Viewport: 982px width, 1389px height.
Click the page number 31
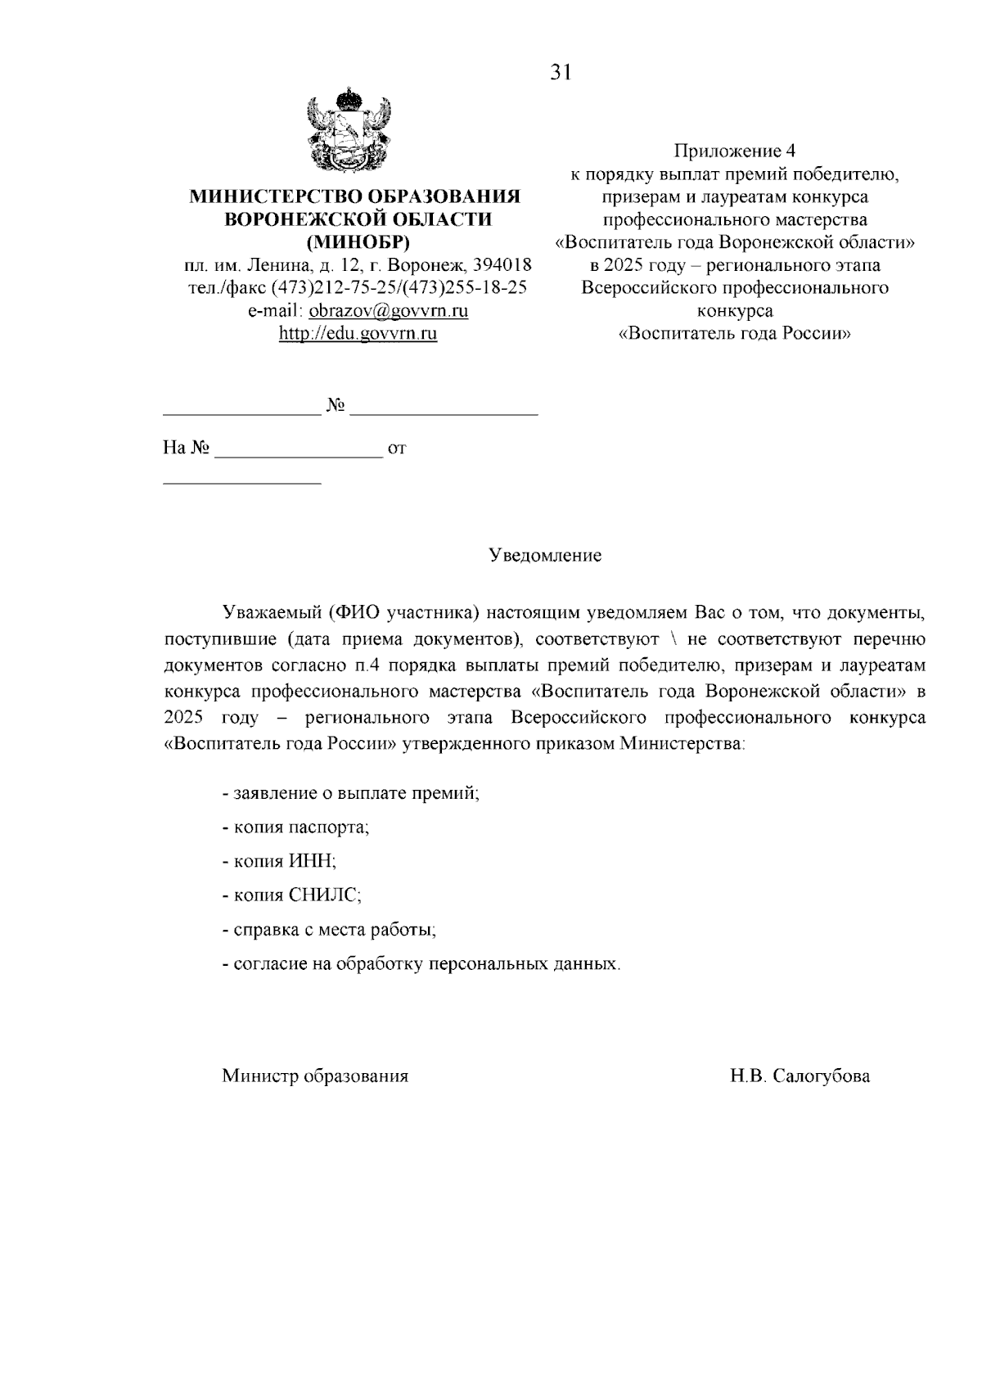(x=560, y=73)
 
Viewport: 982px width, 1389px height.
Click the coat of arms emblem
(x=349, y=131)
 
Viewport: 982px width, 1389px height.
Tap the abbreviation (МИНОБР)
(x=357, y=242)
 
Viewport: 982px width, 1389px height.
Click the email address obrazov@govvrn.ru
(x=389, y=311)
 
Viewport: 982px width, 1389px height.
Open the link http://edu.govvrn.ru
(x=358, y=334)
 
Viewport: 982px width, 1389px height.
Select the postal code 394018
(x=503, y=265)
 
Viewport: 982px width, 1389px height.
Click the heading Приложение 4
(x=734, y=151)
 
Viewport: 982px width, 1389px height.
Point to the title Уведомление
(x=545, y=556)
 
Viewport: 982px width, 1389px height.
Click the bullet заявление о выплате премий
(x=351, y=793)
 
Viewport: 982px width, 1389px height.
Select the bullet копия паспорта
(x=296, y=827)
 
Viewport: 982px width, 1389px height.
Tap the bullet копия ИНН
(x=280, y=861)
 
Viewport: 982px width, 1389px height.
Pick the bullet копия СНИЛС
(x=292, y=895)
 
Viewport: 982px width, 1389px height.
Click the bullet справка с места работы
(x=330, y=930)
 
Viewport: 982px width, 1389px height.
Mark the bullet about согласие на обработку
(x=421, y=964)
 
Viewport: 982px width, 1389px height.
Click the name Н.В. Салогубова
(x=800, y=1076)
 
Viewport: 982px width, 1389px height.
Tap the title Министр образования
(x=315, y=1076)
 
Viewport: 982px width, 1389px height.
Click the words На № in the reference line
(x=187, y=449)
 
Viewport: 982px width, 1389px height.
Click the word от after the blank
(x=397, y=449)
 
